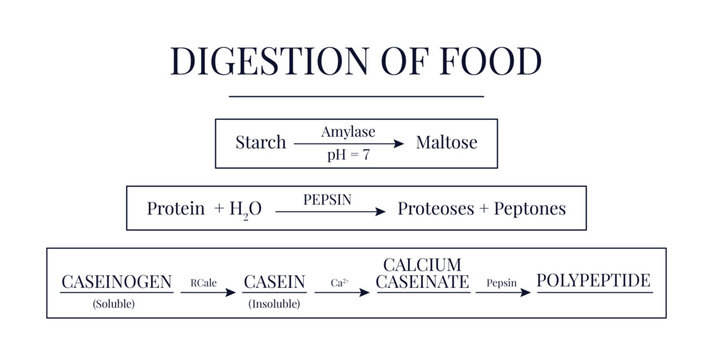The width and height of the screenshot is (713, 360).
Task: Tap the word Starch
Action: pyautogui.click(x=260, y=143)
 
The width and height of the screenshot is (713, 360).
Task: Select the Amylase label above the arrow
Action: pyautogui.click(x=347, y=132)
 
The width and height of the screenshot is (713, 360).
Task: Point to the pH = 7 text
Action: pyautogui.click(x=347, y=155)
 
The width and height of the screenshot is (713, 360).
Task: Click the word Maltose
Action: pyautogui.click(x=447, y=143)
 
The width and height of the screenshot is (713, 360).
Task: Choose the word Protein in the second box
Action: pyautogui.click(x=176, y=209)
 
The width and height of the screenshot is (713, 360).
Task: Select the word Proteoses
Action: pyautogui.click(x=438, y=209)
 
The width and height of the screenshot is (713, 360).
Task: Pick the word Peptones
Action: pyautogui.click(x=530, y=209)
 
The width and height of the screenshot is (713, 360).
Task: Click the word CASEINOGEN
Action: pyautogui.click(x=116, y=282)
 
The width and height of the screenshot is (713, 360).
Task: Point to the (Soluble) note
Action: pyautogui.click(x=116, y=302)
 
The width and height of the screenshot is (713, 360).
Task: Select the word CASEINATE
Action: pyautogui.click(x=422, y=282)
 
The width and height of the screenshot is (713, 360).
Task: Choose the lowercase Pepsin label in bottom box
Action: pyautogui.click(x=501, y=284)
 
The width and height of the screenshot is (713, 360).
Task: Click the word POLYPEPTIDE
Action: pyautogui.click(x=594, y=280)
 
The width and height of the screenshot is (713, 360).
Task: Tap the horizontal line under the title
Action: pyautogui.click(x=356, y=96)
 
